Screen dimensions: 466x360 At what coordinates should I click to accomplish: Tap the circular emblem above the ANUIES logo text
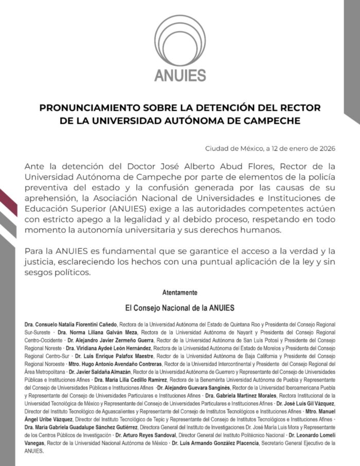coord(180,39)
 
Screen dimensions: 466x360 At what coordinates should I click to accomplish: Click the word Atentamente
coord(180,293)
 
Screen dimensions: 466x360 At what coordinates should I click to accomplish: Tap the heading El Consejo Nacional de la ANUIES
coord(180,308)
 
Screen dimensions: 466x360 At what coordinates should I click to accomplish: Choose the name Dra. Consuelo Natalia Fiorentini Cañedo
coord(71,325)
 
